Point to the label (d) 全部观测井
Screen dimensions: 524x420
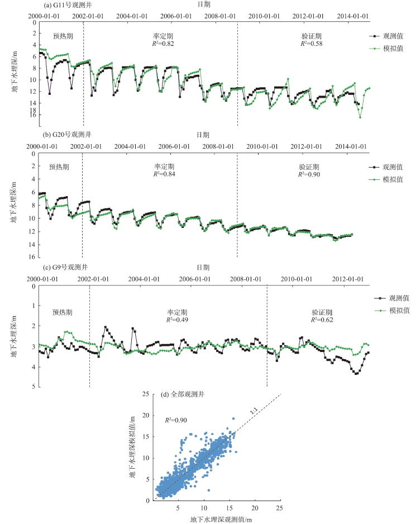tap(183, 394)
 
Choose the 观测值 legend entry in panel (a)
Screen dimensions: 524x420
tap(391, 35)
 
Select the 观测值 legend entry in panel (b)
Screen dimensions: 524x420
tap(391, 167)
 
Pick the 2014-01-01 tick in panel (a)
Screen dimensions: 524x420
tap(352, 16)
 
